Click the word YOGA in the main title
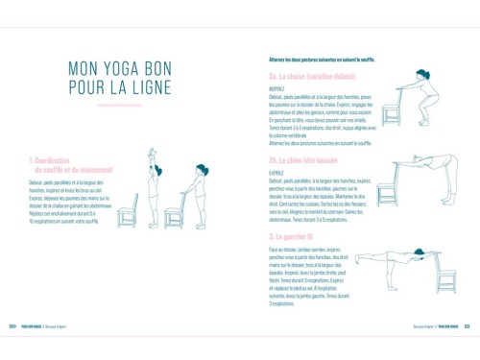tap(133, 69)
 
